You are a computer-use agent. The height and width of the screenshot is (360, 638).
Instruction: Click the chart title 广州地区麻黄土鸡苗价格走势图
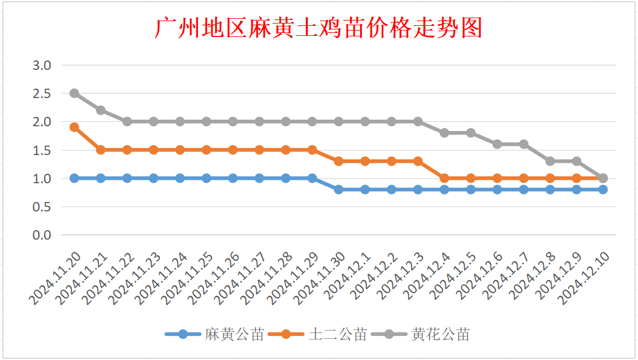318,28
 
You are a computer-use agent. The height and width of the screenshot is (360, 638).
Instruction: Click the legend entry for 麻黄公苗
234,335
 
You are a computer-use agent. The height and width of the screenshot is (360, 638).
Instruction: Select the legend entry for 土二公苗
337,335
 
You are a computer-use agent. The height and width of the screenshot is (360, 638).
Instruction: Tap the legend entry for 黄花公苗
441,335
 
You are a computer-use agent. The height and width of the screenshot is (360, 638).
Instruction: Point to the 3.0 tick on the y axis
42,65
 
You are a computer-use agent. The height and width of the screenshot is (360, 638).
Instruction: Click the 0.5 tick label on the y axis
42,207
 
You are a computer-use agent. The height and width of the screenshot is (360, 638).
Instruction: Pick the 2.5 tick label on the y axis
42,93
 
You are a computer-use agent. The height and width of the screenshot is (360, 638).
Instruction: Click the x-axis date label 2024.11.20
56,279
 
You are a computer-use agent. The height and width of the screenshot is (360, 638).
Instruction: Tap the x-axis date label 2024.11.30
321,279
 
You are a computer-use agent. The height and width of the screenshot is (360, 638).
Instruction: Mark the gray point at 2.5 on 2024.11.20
75,93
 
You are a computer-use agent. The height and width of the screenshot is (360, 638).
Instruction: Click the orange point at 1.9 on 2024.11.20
75,127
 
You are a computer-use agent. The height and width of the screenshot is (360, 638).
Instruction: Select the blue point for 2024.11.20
75,178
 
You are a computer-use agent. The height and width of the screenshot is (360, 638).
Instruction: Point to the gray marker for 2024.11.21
101,110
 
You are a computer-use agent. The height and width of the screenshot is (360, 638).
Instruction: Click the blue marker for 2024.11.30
339,190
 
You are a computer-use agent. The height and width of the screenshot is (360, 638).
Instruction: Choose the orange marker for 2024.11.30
339,161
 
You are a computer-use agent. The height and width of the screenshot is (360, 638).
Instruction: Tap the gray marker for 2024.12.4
445,133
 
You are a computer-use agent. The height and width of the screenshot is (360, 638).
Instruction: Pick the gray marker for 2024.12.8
550,161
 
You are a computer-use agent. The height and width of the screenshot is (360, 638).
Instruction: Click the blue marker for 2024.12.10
603,190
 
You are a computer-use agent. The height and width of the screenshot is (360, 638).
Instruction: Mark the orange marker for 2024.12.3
418,161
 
